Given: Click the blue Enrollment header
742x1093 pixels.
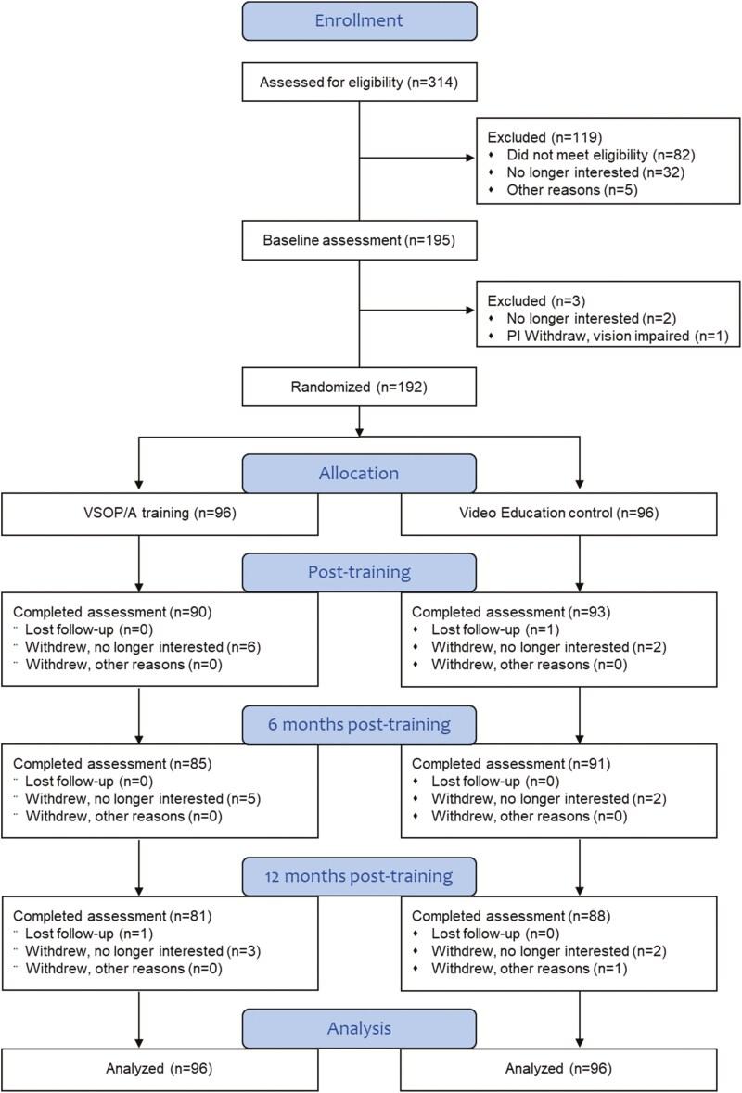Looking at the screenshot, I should pyautogui.click(x=359, y=20).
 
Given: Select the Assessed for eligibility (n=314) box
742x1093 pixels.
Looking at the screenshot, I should pyautogui.click(x=359, y=83).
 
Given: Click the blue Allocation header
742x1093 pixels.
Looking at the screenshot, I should pyautogui.click(x=359, y=473).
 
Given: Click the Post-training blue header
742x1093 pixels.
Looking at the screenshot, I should pyautogui.click(x=359, y=573).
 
